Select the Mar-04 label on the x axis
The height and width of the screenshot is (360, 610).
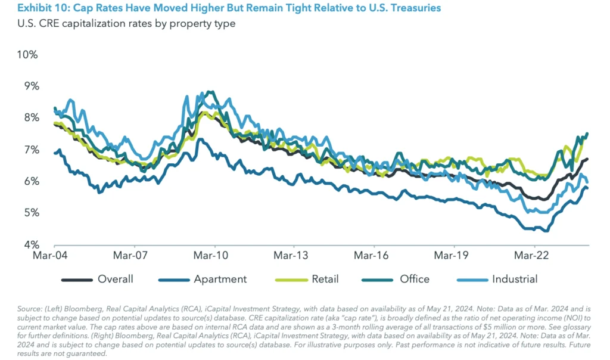[54, 257]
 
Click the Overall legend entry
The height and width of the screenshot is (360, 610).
[115, 279]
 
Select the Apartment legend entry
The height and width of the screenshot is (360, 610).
[220, 279]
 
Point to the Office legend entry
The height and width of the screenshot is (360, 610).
[414, 279]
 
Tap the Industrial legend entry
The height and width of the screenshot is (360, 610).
[514, 279]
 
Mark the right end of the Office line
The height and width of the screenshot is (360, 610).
[588, 133]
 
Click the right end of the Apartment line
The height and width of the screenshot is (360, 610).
[589, 188]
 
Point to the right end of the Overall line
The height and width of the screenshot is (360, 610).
[589, 159]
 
